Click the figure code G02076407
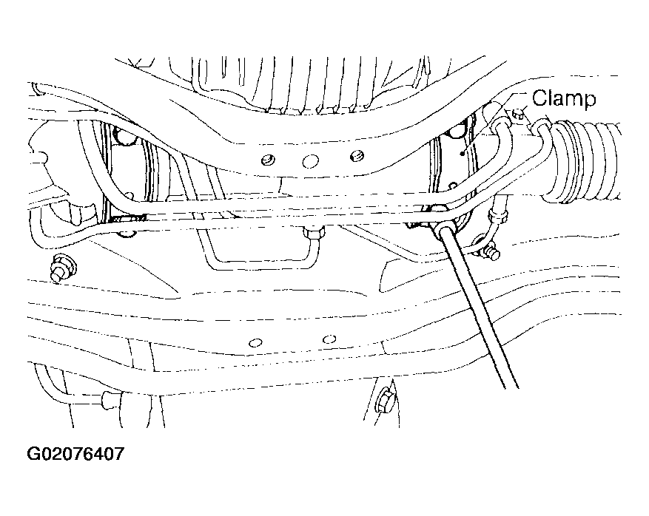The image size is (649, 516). point(75,454)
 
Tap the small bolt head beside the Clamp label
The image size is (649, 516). point(518,113)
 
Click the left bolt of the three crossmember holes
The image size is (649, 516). point(269,160)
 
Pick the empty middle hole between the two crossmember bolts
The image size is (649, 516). point(310,162)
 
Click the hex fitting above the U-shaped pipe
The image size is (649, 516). point(314,234)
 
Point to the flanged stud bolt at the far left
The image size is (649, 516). point(62,268)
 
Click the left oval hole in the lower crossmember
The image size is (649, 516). point(255,343)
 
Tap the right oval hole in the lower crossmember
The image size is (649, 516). point(329,339)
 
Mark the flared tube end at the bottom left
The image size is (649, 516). point(110,400)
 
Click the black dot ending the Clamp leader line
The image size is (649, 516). point(462,153)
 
